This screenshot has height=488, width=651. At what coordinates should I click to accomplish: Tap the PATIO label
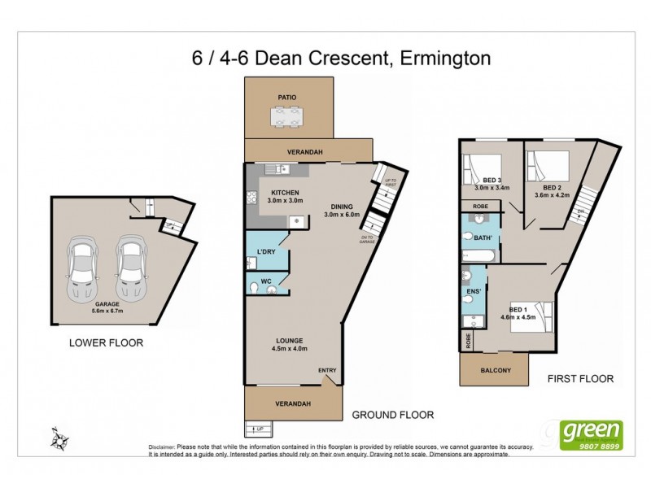tap(286, 97)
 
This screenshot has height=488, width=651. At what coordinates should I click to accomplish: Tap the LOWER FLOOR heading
tap(106, 343)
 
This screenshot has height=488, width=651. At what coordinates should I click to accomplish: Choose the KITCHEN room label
tap(286, 194)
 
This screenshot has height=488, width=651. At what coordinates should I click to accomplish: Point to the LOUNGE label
tap(289, 340)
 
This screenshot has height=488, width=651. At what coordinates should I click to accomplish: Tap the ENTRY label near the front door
tap(327, 371)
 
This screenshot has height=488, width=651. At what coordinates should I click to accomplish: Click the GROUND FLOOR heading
tap(392, 415)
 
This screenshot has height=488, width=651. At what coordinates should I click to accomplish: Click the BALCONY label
tap(496, 371)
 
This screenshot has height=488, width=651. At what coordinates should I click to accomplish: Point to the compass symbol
tap(59, 439)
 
